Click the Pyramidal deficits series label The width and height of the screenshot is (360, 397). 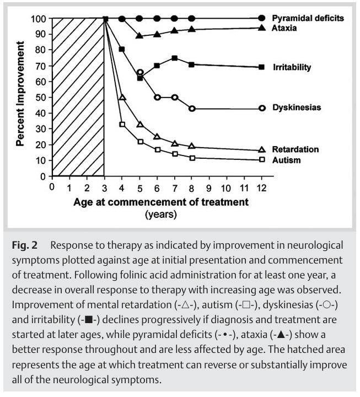pos(308,18)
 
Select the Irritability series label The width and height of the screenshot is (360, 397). pos(292,67)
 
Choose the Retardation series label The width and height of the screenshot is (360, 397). pos(295,149)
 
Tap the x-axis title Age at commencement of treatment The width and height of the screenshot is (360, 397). pos(161,202)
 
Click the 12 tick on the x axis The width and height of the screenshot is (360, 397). pos(262,187)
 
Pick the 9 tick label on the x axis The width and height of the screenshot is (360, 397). pos(209,187)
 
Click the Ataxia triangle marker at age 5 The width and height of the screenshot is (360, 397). pos(139,35)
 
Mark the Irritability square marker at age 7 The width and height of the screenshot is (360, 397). pos(174,58)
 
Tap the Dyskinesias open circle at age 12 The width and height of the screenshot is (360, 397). pos(262,108)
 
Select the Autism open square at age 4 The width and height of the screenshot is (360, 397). pos(122,125)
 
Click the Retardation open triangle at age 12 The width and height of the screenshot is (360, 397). pos(262,150)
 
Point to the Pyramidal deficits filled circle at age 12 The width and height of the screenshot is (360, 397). pos(262,18)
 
